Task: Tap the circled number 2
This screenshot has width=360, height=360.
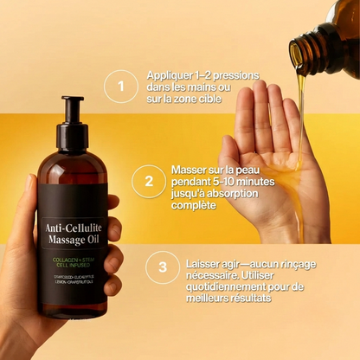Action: [x=149, y=181]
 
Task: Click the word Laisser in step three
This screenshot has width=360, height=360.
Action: [x=203, y=261]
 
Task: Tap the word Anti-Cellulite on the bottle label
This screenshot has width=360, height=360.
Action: [x=73, y=228]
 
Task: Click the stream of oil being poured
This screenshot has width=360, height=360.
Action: [x=300, y=112]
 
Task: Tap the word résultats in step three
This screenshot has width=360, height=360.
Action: [x=250, y=298]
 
